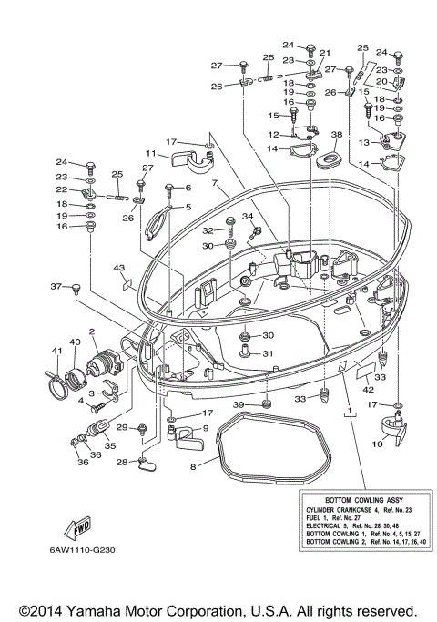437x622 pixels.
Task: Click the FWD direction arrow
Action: (x=77, y=529)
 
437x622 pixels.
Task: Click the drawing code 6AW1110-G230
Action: (x=83, y=550)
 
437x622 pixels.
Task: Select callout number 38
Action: (x=337, y=135)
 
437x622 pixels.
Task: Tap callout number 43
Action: (x=119, y=268)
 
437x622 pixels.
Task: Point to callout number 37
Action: (x=56, y=286)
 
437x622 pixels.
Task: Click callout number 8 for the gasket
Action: (x=193, y=466)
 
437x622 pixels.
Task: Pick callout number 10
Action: (x=377, y=444)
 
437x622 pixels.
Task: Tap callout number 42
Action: (x=369, y=389)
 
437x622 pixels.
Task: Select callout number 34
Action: (x=248, y=216)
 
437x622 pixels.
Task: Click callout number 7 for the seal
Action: (x=215, y=183)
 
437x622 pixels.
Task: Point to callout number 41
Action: (x=57, y=351)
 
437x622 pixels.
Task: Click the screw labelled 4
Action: (x=98, y=407)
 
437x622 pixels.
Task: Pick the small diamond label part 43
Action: (x=127, y=283)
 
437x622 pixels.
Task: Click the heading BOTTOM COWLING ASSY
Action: (x=364, y=500)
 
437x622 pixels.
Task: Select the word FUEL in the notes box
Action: (x=313, y=517)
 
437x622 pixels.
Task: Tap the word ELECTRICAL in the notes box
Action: (x=322, y=525)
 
